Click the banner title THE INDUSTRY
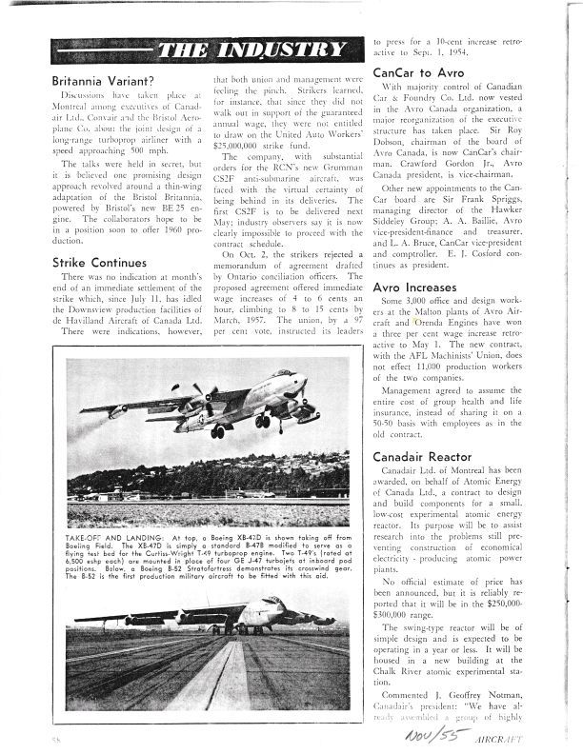(250, 50)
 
